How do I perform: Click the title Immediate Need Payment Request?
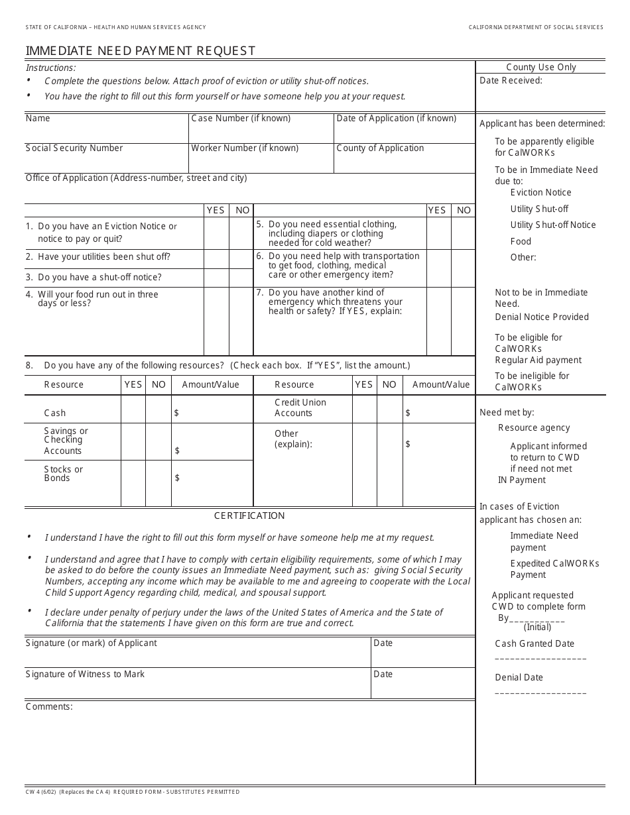pyautogui.click(x=140, y=51)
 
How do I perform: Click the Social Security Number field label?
pyautogui.click(x=74, y=148)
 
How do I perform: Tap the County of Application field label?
pyautogui.click(x=380, y=148)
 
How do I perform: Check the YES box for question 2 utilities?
pyautogui.click(x=216, y=258)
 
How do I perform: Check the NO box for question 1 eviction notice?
pyautogui.click(x=241, y=233)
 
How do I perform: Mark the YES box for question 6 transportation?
pyautogui.click(x=438, y=268)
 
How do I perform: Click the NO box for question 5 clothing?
pyautogui.click(x=464, y=233)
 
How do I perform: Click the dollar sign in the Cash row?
pyautogui.click(x=176, y=413)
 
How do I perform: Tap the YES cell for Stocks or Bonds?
pyautogui.click(x=133, y=483)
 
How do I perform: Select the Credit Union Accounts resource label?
pyautogui.click(x=300, y=407)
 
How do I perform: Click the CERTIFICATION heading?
pyautogui.click(x=249, y=516)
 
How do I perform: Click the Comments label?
pyautogui.click(x=49, y=706)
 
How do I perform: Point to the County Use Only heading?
pyautogui.click(x=541, y=67)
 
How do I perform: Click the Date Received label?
pyautogui.click(x=511, y=80)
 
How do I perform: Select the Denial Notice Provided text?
pyautogui.click(x=542, y=317)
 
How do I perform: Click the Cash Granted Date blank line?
pyautogui.click(x=540, y=659)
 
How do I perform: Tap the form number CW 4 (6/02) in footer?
pyautogui.click(x=41, y=792)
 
